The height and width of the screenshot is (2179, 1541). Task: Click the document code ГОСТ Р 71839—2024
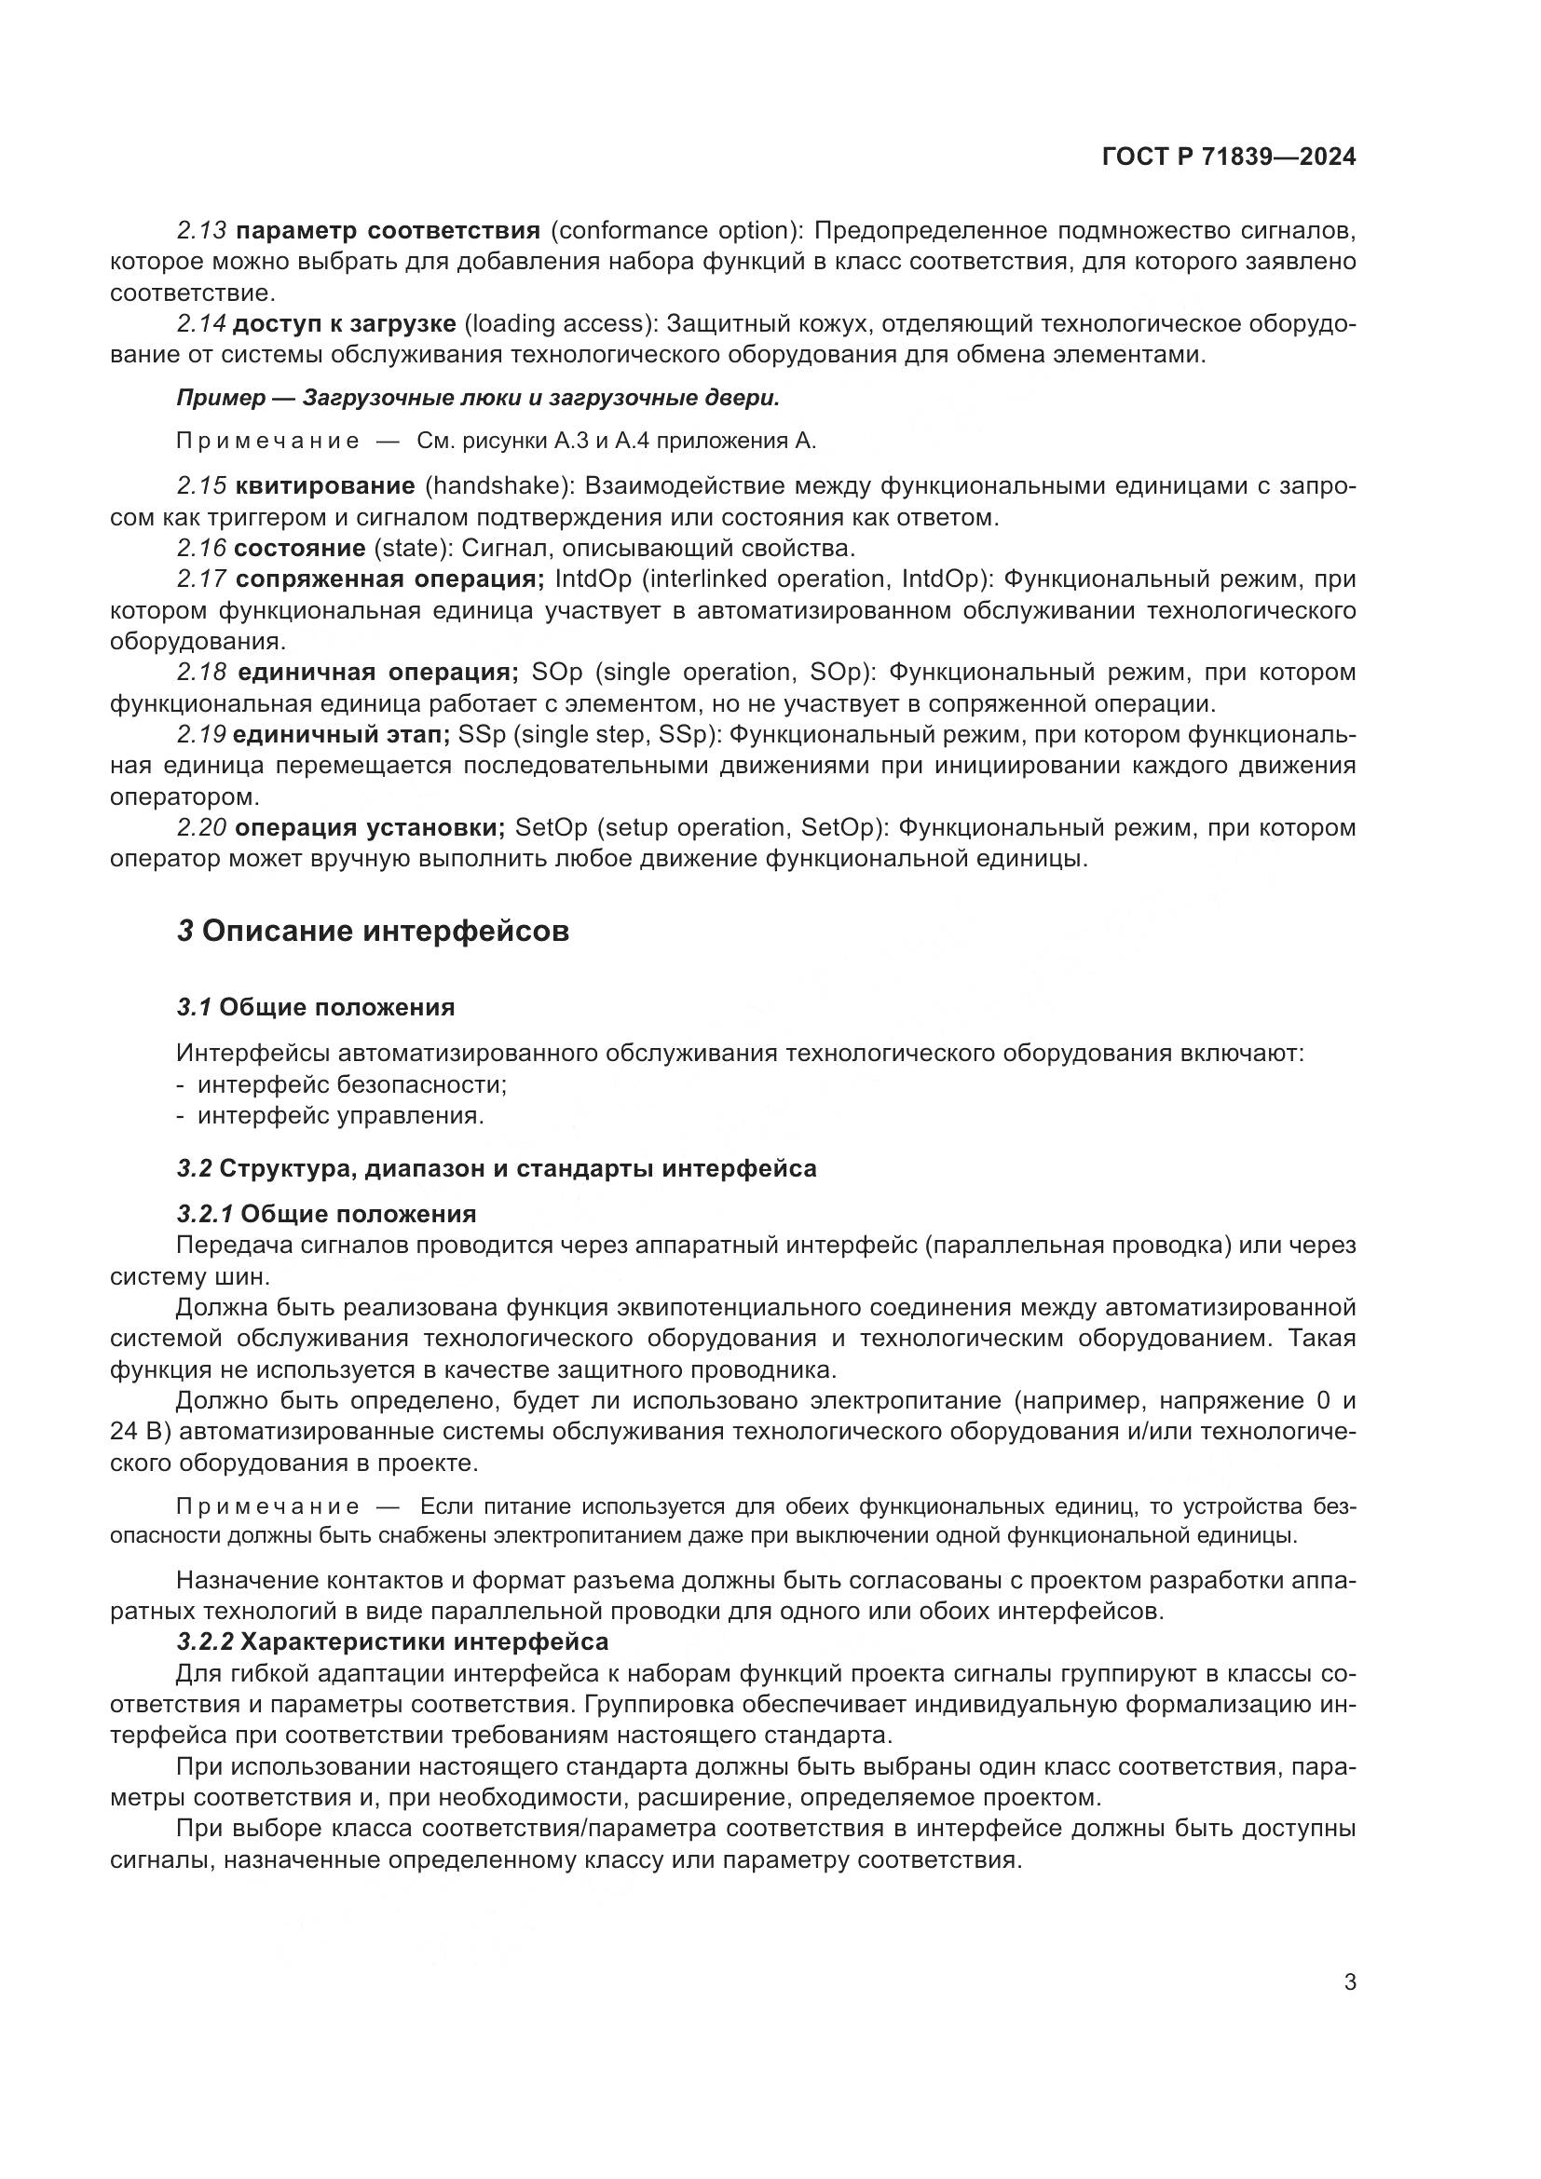point(1228,157)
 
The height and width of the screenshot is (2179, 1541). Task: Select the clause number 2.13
point(201,231)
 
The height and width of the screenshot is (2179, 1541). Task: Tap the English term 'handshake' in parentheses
point(498,486)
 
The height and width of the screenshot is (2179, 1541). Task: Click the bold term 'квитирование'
point(324,486)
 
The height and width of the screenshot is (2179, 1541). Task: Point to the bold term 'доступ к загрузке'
point(345,323)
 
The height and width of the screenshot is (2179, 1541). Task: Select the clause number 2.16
point(201,549)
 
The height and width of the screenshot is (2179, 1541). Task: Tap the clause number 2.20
point(201,827)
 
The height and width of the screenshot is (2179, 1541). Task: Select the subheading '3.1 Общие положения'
point(316,1007)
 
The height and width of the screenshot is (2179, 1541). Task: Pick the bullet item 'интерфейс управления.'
point(340,1116)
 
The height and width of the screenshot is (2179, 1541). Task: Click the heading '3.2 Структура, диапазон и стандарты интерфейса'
point(497,1168)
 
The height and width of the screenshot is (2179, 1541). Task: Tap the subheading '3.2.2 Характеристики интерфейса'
point(392,1641)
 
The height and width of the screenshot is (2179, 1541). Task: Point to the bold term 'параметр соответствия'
point(388,231)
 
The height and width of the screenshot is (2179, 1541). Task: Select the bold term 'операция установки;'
point(369,827)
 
